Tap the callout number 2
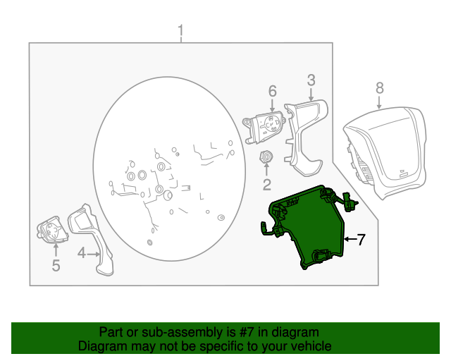click(x=266, y=185)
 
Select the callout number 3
click(x=311, y=80)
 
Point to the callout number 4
click(x=82, y=253)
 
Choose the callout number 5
click(x=56, y=265)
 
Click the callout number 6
click(x=273, y=91)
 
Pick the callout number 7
click(x=361, y=239)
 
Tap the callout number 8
click(x=380, y=88)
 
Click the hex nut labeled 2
click(x=266, y=157)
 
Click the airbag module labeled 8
click(x=385, y=152)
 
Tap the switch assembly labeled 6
click(x=264, y=127)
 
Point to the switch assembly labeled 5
click(x=52, y=229)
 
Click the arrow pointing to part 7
click(x=350, y=239)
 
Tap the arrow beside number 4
click(x=94, y=255)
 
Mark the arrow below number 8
click(x=379, y=103)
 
